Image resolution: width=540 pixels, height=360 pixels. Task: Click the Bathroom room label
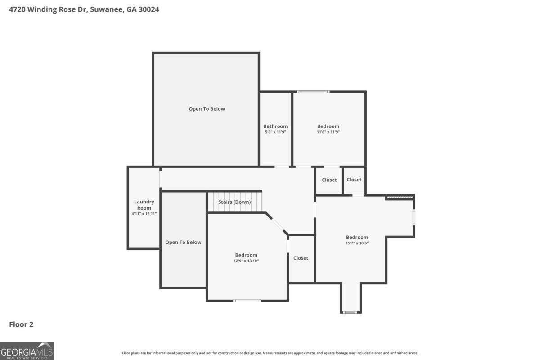point(275,126)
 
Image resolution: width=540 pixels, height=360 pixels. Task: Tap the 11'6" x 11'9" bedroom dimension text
point(328,132)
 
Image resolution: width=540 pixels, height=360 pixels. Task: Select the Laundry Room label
point(144,205)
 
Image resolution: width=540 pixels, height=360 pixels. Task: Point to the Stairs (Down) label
point(234,202)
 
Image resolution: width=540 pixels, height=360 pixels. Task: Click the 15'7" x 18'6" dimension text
point(357,243)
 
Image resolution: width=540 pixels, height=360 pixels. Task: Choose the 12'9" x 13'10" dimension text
point(246,261)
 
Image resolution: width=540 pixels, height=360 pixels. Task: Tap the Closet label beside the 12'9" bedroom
point(301,258)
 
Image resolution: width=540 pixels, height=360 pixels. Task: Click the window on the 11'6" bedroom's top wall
point(313,92)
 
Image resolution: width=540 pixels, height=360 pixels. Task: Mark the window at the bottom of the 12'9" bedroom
point(247,301)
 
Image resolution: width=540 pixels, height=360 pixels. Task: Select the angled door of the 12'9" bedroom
point(278,225)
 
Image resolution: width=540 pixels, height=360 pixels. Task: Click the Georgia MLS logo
point(27,351)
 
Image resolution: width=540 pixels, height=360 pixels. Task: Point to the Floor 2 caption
point(21,324)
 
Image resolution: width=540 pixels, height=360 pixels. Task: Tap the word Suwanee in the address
point(107,9)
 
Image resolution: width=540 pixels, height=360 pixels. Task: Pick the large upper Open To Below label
point(207,109)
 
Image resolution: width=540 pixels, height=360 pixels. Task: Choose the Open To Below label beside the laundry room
point(183,243)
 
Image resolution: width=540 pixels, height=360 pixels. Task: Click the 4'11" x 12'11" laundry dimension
point(144,214)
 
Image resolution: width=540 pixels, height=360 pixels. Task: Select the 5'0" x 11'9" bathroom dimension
point(275,132)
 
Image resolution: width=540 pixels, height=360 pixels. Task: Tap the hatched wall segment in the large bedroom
point(400,198)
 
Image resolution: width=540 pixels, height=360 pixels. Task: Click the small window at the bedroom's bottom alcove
point(350,312)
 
